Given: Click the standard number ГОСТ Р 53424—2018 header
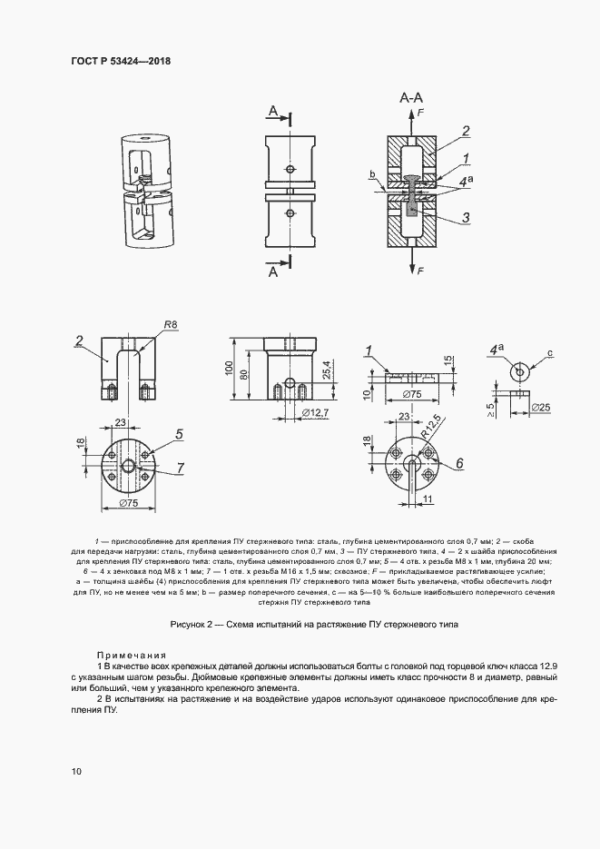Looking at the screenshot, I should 121,62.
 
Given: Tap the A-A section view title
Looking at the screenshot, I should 411,97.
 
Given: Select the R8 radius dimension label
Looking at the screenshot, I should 170,324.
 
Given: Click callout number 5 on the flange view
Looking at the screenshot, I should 180,435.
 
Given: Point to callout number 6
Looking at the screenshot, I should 459,463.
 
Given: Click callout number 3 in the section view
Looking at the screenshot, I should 465,217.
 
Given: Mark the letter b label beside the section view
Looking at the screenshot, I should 372,173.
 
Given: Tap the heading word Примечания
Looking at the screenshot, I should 133,655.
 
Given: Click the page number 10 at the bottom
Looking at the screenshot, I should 76,771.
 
